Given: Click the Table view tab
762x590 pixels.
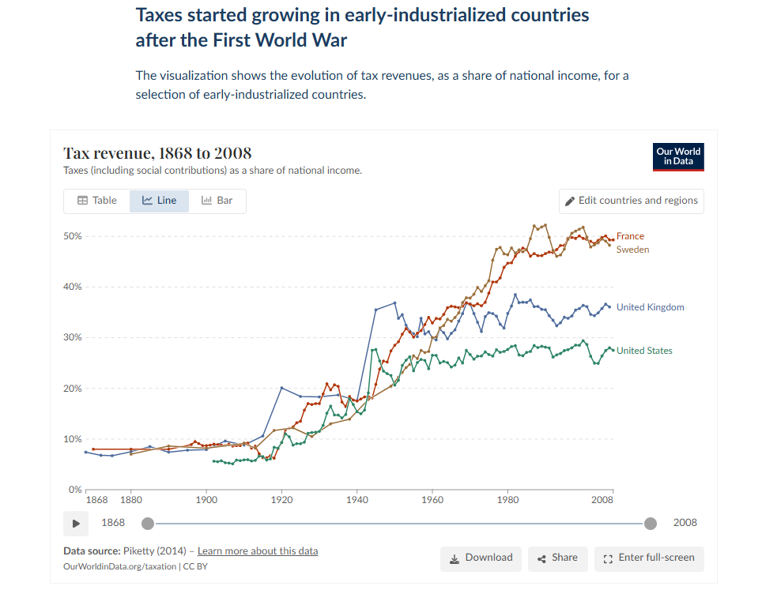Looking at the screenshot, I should (x=96, y=201).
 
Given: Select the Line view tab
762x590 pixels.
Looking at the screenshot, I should (x=159, y=201).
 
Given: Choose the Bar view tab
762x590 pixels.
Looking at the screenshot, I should (x=217, y=201).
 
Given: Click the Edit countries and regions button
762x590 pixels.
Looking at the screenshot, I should (x=631, y=201).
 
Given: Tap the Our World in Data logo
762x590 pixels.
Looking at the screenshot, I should (x=678, y=156).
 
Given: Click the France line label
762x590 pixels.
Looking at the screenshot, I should (x=630, y=236).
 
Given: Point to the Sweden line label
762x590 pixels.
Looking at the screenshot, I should (x=632, y=250).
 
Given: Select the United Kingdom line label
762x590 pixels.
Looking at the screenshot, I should (x=650, y=307).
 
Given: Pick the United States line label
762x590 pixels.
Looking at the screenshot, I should (x=644, y=351).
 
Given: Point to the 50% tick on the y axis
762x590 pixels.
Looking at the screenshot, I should (x=73, y=236).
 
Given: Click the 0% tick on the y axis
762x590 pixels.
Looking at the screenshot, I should (x=75, y=490).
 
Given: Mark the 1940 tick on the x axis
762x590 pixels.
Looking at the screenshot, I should (x=357, y=500).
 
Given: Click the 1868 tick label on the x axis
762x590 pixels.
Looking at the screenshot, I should (x=96, y=500).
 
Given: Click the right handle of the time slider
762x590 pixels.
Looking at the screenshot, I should (x=651, y=523).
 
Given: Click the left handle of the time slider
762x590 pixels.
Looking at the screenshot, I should (x=147, y=523).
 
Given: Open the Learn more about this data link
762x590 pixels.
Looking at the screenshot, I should (x=258, y=551).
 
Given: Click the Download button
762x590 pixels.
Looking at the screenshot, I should (x=481, y=558).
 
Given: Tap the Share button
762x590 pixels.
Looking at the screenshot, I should (x=557, y=558).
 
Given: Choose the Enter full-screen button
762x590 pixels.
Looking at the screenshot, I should (x=648, y=558).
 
